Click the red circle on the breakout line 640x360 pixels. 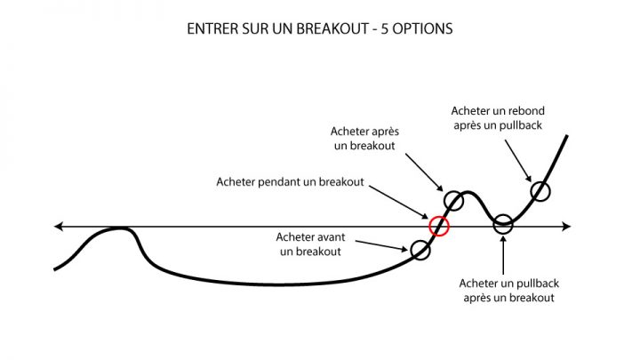439,216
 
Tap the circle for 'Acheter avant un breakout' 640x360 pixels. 420,240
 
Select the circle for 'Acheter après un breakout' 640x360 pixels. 453,191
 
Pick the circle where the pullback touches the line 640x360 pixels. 503,215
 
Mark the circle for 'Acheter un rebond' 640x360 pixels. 540,182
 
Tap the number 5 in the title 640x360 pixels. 385,29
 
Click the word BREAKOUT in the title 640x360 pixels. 332,29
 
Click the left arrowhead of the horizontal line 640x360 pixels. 59,226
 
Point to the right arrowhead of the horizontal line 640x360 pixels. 566,226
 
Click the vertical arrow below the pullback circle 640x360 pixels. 503,255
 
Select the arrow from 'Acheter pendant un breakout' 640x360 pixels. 399,203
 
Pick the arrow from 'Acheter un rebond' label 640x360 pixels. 518,161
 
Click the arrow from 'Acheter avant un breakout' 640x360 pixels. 381,245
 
